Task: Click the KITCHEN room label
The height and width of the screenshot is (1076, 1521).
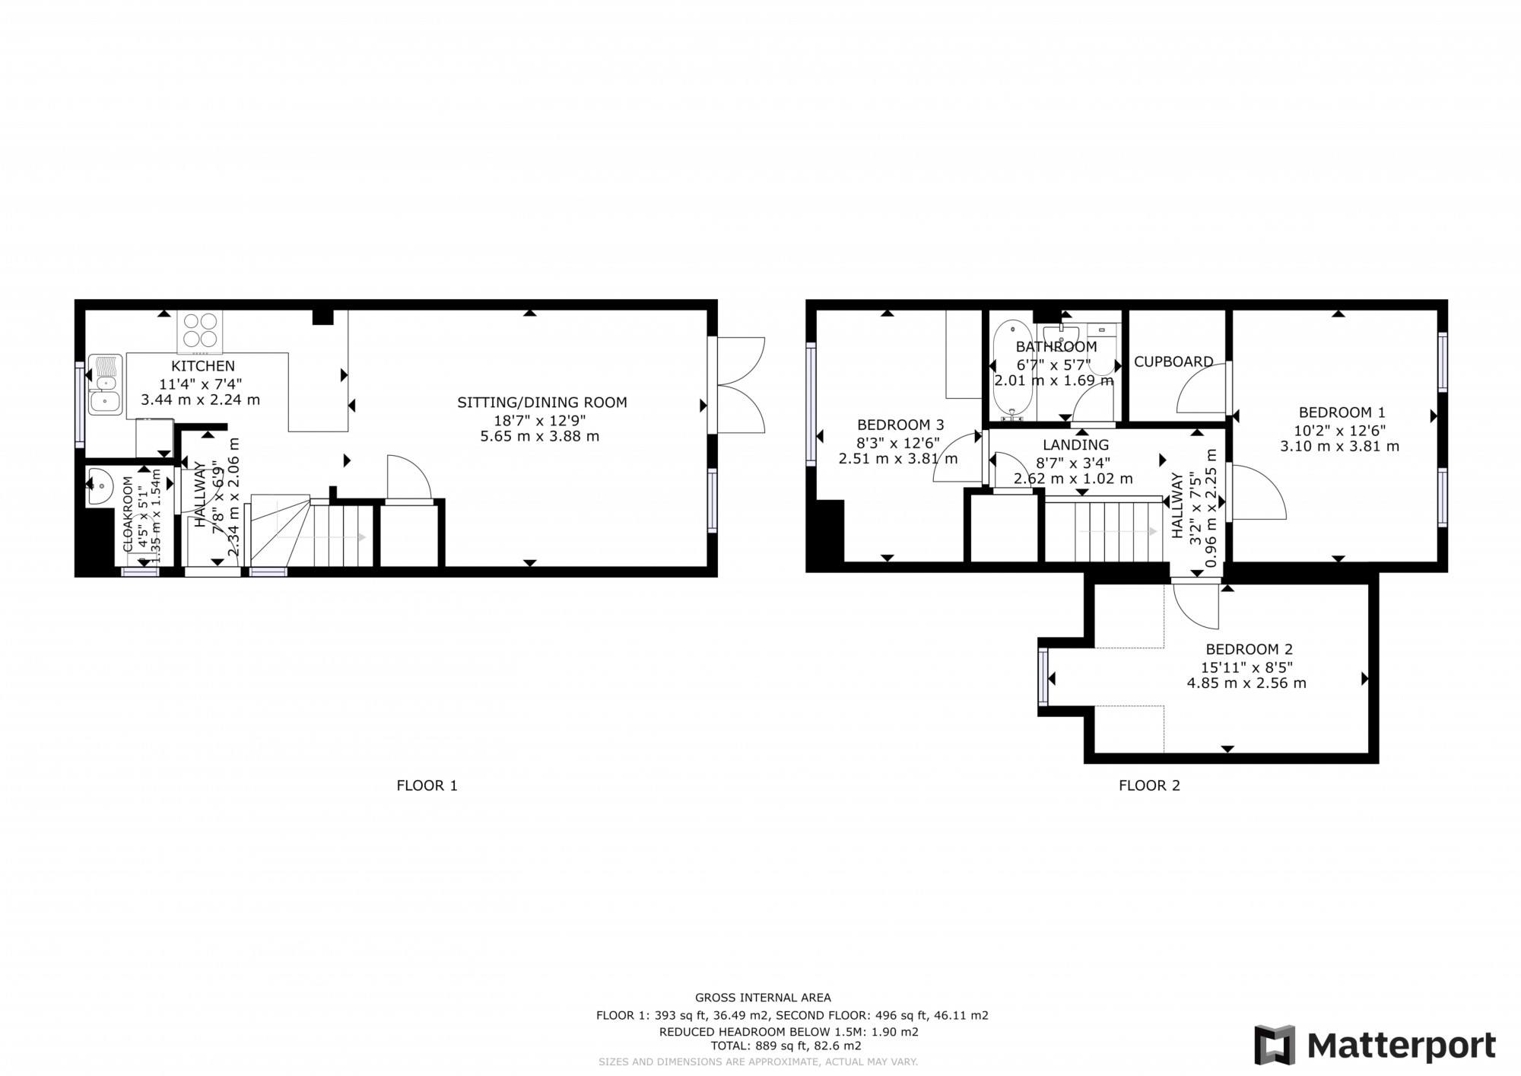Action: [202, 366]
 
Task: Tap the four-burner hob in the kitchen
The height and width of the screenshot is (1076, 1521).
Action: [199, 332]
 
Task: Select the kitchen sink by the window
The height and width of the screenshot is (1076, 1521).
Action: [104, 385]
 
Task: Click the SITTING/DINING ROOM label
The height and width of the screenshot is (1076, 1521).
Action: [541, 403]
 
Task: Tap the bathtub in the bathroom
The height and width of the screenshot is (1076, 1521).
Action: [1012, 370]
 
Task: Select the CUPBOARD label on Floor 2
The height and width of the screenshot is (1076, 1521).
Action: [1173, 362]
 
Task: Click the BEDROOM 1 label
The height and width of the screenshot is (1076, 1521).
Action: [1341, 412]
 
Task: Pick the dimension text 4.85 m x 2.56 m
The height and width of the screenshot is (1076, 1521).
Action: [1246, 683]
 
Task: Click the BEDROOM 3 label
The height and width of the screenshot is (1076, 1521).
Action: [900, 425]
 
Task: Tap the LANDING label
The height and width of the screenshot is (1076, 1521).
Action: [1075, 445]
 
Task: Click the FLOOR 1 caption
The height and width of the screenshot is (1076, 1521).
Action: [427, 785]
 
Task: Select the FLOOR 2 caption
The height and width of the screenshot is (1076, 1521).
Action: [1148, 785]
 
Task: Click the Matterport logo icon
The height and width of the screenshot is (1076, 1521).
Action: [1274, 1045]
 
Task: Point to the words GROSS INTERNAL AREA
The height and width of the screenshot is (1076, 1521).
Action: [763, 998]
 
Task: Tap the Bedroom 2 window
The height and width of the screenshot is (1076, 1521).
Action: [1043, 677]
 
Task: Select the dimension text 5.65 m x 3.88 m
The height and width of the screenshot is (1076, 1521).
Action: [539, 437]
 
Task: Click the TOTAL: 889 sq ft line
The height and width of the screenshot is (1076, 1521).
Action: [785, 1046]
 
